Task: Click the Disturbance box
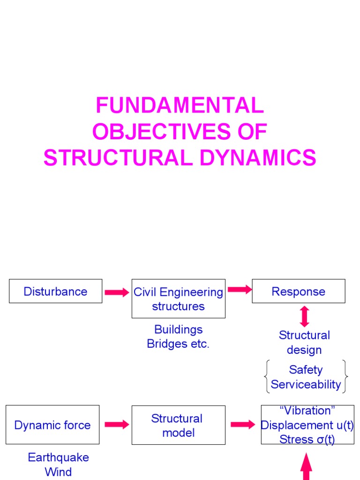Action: [x=55, y=291]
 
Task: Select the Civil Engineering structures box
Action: [x=178, y=299]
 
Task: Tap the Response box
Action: [x=298, y=291]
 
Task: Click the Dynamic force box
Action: [x=52, y=425]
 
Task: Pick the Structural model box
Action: [x=178, y=425]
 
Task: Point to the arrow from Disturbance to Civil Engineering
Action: [x=117, y=292]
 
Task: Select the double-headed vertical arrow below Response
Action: [x=304, y=316]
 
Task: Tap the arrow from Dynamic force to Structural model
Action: [x=117, y=425]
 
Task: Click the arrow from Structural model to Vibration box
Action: [x=243, y=425]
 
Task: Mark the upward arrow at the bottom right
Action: [x=306, y=466]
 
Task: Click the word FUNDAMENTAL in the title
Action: [x=180, y=105]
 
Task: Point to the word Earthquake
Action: [x=58, y=457]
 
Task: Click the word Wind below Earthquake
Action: [x=58, y=472]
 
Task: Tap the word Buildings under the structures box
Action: [x=178, y=330]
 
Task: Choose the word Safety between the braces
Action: [x=306, y=369]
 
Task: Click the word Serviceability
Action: [x=306, y=384]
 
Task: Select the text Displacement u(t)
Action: [x=307, y=425]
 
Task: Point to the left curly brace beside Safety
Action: [x=266, y=376]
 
